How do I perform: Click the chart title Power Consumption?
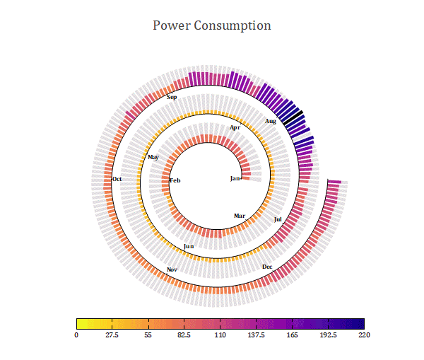pos(212,25)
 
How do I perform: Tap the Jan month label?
pos(235,178)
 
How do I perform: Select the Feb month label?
pos(175,181)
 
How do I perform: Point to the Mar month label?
pos(240,216)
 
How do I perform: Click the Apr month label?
pos(235,127)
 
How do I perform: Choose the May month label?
pos(153,157)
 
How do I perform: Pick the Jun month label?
pos(189,246)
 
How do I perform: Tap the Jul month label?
pos(278,219)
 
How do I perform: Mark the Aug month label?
pos(271,121)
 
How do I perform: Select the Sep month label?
pos(172,97)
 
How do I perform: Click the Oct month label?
pos(117,179)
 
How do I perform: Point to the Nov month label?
pos(172,270)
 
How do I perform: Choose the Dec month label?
pos(267,267)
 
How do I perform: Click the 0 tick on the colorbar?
pos(76,335)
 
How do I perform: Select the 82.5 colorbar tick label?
pos(184,335)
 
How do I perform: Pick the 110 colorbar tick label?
pos(220,335)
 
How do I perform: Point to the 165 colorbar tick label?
pos(293,335)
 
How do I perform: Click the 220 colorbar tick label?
pos(365,335)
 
